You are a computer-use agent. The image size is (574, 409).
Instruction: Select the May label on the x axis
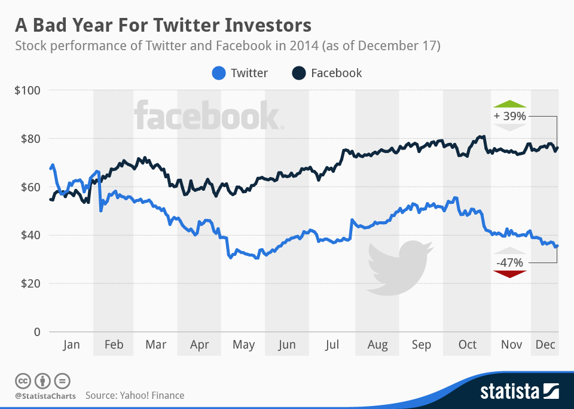pos(243,345)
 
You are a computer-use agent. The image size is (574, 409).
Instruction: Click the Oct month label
pos(468,345)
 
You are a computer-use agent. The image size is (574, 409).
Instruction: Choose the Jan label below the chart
pos(71,345)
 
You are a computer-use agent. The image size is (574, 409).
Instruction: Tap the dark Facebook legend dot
pos(299,74)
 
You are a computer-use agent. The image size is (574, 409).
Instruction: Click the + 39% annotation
pos(510,116)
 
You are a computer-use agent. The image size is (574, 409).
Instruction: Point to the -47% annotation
pos(510,263)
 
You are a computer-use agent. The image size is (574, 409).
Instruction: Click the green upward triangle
pos(510,103)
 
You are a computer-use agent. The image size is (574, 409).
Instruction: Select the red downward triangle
pos(510,274)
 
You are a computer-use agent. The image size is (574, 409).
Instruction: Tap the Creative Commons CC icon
pos(23,380)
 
